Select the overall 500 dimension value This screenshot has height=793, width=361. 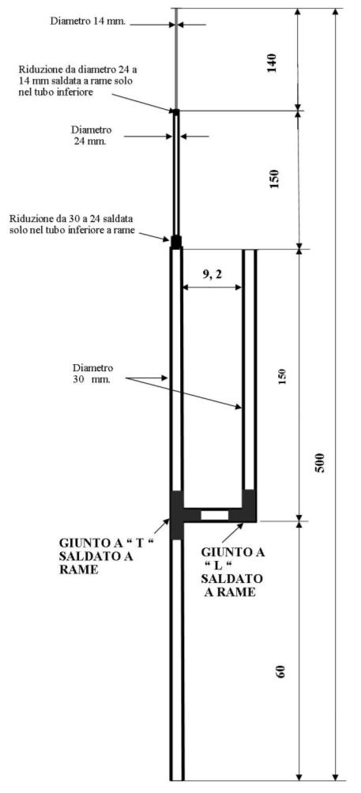(320, 462)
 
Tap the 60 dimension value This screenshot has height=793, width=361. (282, 671)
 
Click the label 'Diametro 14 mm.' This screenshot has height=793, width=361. (88, 21)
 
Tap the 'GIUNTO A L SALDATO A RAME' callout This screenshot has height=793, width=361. (232, 572)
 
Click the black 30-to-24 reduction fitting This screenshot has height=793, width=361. (176, 242)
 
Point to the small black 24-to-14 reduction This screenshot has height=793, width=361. (176, 111)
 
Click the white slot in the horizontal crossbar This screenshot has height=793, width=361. (215, 515)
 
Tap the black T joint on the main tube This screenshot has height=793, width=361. (176, 514)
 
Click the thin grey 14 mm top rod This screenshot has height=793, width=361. (176, 58)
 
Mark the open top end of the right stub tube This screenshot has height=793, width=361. (250, 250)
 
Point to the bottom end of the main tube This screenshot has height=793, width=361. (176, 780)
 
